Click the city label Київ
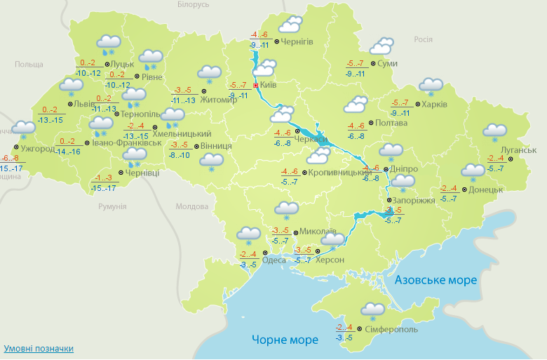point(269,86)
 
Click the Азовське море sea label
point(435,280)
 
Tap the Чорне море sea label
point(285,340)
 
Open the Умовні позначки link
point(38,349)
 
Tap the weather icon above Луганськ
point(495,132)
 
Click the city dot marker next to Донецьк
point(463,189)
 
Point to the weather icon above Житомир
point(209,73)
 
